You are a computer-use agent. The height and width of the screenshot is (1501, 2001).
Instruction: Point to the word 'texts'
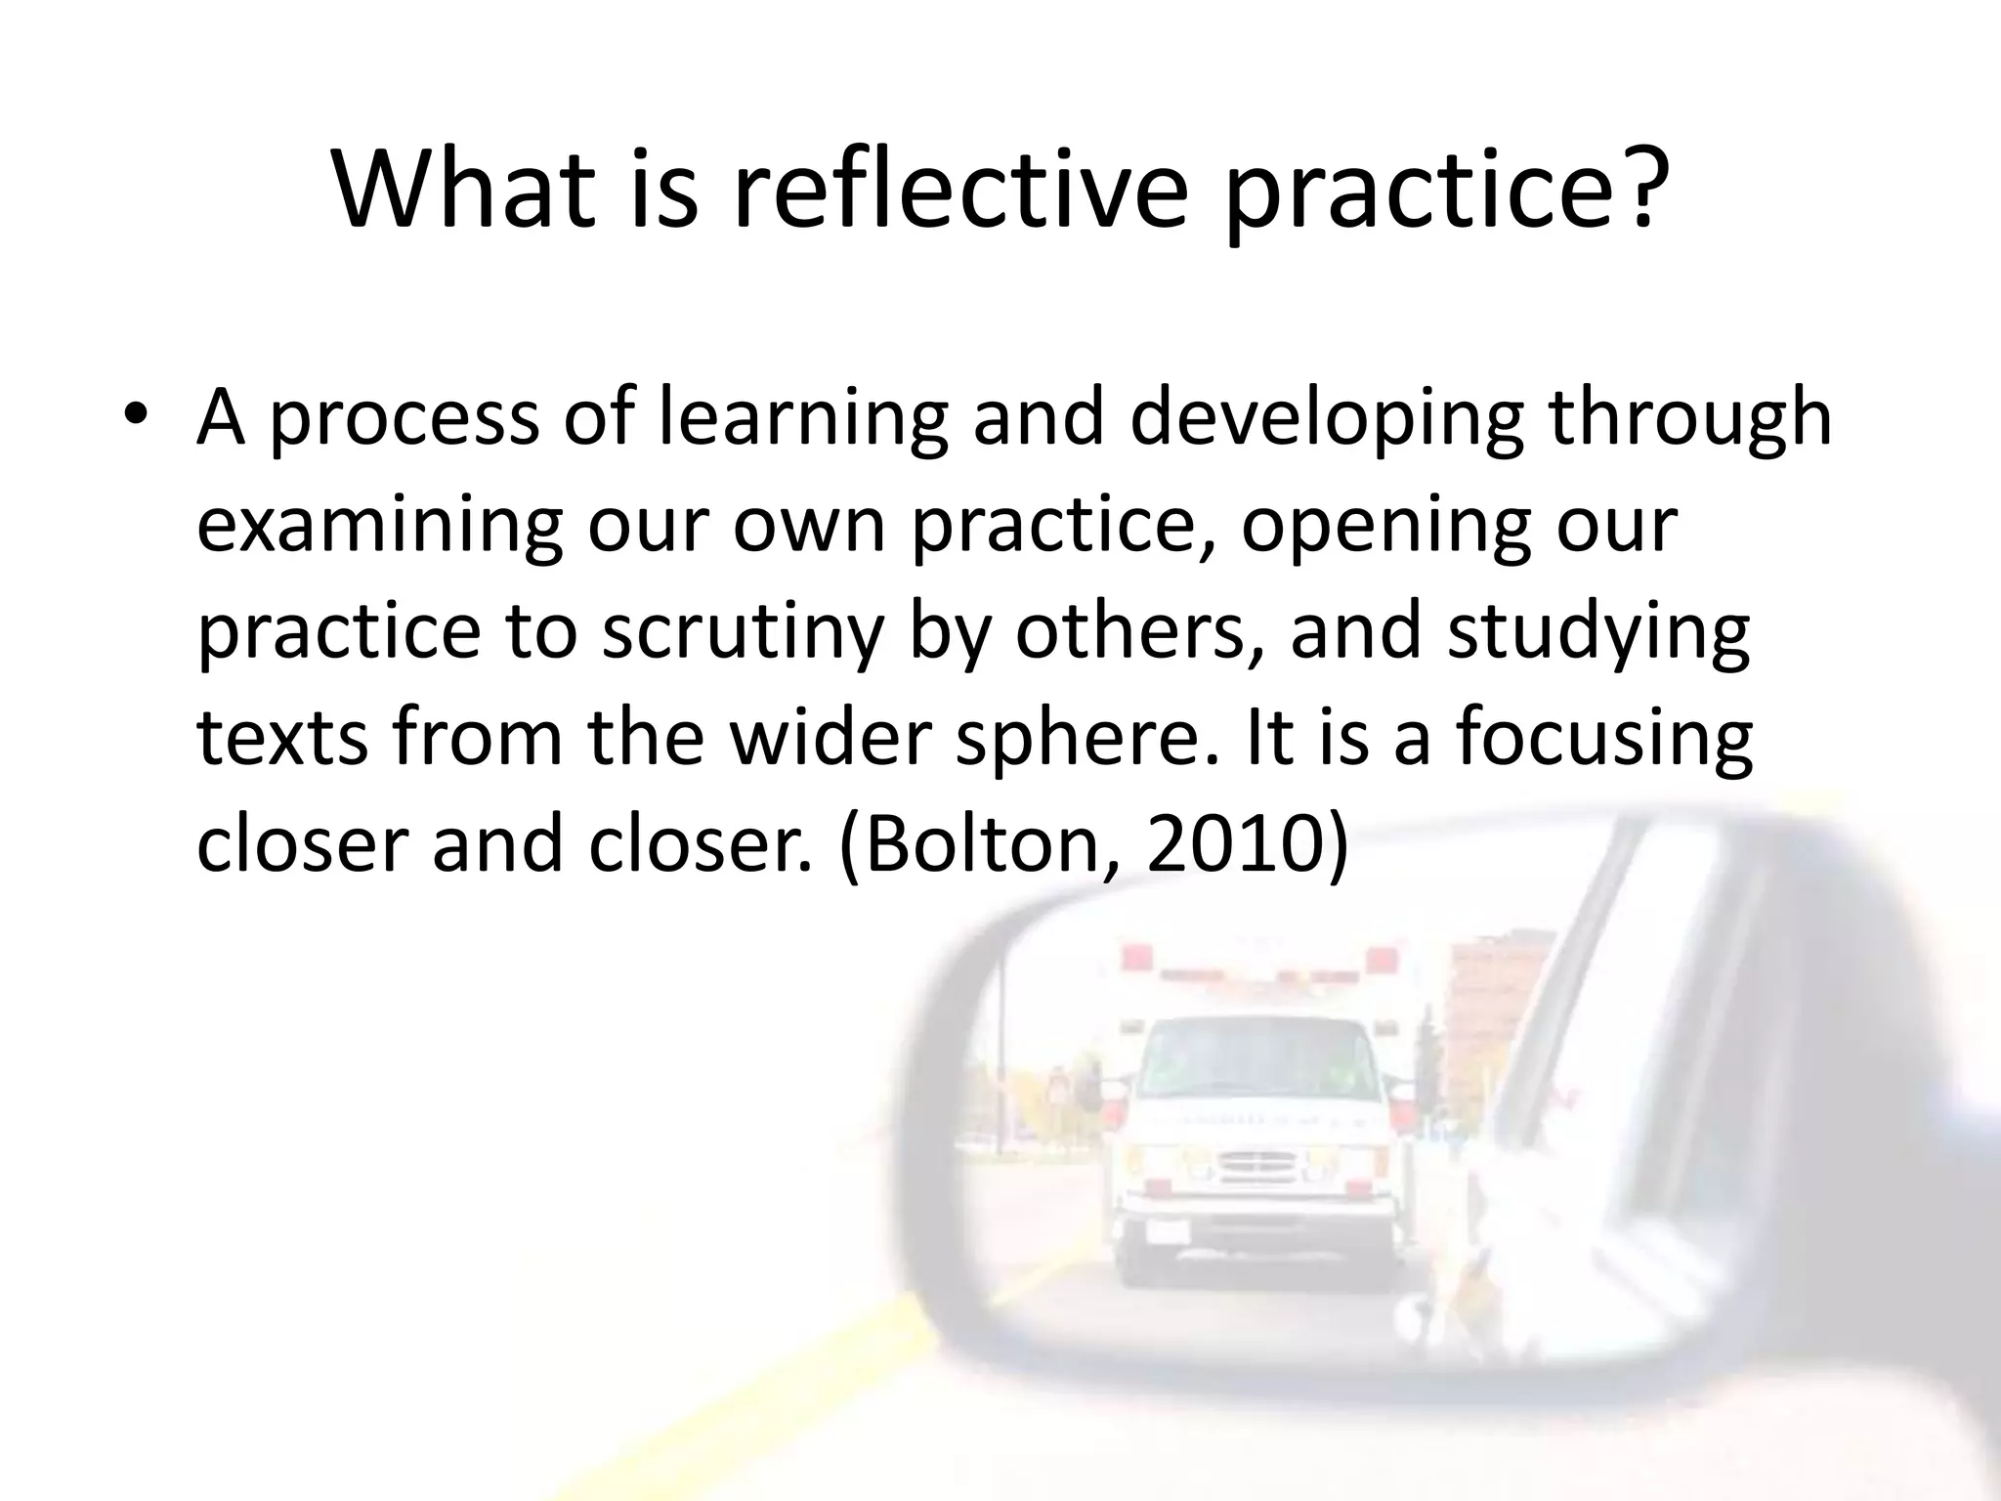282,738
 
